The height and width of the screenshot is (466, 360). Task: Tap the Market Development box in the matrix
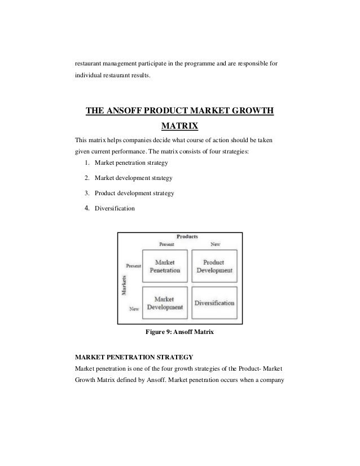[165, 303]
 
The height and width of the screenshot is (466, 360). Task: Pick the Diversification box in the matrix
[214, 303]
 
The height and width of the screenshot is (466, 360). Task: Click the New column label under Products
[215, 245]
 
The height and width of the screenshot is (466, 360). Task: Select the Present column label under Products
[166, 245]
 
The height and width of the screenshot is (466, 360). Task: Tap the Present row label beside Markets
[133, 265]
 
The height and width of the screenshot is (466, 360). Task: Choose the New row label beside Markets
[134, 309]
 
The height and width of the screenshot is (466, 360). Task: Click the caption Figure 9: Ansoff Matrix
[179, 333]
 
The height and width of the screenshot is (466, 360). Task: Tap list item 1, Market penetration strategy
[131, 163]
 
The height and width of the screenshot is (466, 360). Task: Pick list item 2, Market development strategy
[133, 178]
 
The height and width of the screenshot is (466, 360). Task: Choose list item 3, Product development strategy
[134, 194]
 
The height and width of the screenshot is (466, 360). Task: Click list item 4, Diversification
[115, 209]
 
